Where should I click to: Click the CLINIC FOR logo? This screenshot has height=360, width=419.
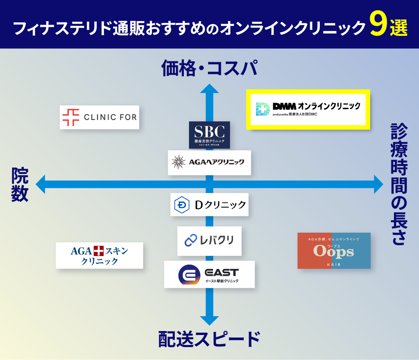click(x=99, y=117)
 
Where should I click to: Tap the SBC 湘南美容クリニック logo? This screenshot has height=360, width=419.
click(x=209, y=135)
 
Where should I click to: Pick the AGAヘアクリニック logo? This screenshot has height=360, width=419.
click(x=209, y=162)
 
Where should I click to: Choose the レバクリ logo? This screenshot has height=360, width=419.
click(x=209, y=240)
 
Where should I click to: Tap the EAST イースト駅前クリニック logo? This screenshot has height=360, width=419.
click(x=209, y=274)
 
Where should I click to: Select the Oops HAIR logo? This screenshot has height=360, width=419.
click(x=334, y=251)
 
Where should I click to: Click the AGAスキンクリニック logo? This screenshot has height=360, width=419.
click(x=99, y=256)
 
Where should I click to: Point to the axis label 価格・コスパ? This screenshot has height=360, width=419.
click(x=209, y=69)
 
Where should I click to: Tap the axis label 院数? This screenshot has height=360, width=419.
click(x=20, y=185)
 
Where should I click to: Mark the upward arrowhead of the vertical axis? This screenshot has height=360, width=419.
click(x=210, y=88)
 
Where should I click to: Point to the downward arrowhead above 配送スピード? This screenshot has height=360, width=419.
click(x=210, y=320)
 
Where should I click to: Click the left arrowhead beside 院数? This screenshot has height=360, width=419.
click(x=41, y=184)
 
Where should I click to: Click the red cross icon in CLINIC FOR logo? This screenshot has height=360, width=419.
click(x=71, y=117)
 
